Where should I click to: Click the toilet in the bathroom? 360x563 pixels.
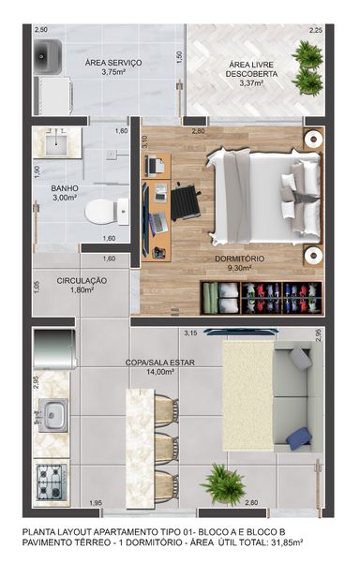107,212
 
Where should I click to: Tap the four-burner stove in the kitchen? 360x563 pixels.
52,482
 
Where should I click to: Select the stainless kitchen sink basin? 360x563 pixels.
53,415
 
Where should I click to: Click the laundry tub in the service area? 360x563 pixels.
48,57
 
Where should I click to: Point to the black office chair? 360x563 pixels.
186,202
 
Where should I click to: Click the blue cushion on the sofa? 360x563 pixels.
299,438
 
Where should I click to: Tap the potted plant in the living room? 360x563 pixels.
223,484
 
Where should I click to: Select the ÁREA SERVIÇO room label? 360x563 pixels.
113,63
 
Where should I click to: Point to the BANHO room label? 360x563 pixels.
65,188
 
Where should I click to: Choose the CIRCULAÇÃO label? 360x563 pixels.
82,280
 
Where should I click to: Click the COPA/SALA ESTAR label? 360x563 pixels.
160,363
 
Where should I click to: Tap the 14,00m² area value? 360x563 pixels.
160,372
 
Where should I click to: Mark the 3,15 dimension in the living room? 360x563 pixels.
190,333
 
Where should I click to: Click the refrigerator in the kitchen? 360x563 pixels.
54,349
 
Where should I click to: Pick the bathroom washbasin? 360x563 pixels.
57,142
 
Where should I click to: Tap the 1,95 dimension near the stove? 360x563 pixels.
96,503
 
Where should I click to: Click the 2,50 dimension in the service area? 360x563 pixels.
41,30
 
